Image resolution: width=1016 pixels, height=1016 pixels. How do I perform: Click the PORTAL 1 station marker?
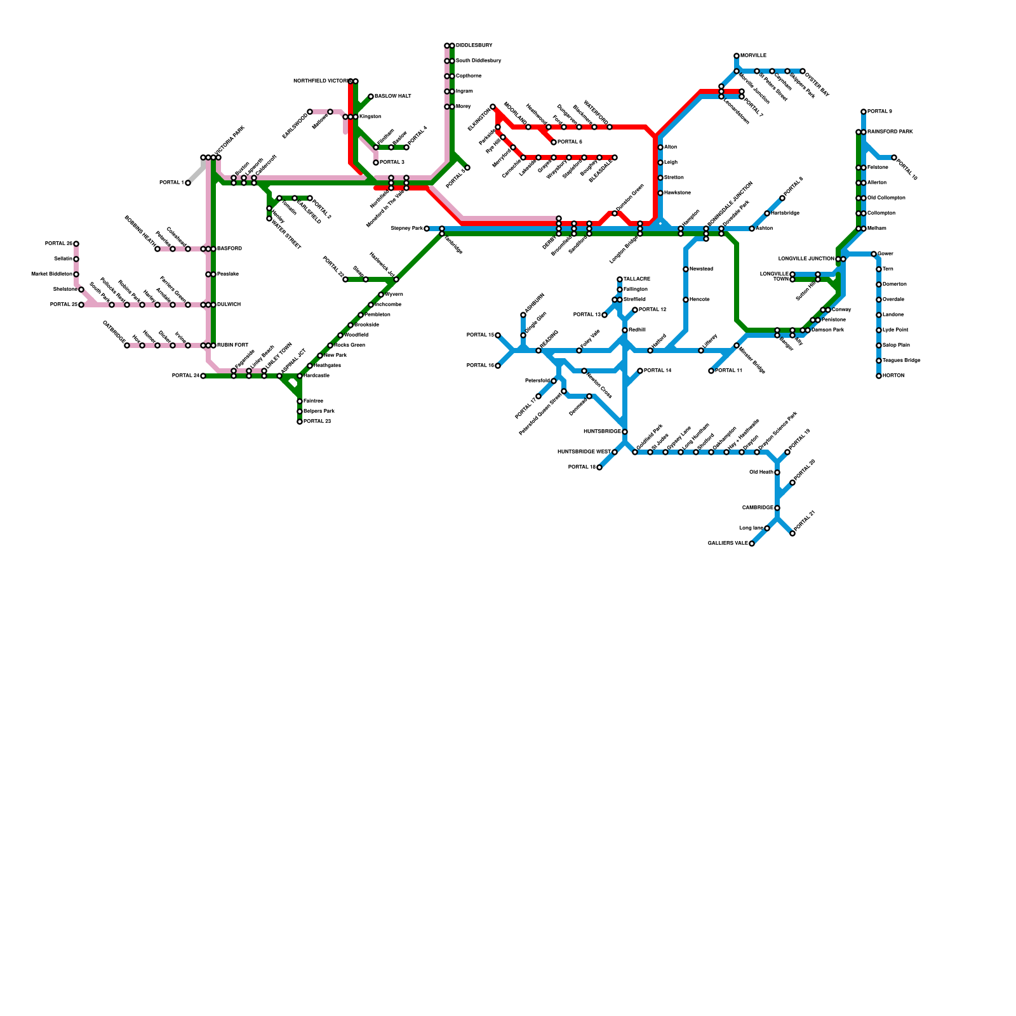(188, 183)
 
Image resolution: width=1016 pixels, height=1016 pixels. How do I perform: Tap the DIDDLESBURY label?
(474, 46)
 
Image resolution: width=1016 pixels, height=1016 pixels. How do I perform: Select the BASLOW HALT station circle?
(371, 97)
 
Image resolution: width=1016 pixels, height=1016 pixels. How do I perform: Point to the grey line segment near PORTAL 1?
(197, 173)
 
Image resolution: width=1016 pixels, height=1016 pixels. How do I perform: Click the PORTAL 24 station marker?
(203, 376)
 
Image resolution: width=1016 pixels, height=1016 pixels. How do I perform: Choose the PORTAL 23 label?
(317, 422)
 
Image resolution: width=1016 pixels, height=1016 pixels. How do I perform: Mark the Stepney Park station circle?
(427, 229)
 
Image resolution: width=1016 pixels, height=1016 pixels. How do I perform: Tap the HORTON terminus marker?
(879, 376)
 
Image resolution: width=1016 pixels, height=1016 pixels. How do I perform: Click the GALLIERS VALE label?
(728, 544)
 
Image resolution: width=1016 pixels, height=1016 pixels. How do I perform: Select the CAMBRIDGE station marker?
(777, 508)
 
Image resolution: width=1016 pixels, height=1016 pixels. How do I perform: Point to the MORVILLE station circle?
(737, 56)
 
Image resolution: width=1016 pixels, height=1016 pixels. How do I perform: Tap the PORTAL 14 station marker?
(640, 371)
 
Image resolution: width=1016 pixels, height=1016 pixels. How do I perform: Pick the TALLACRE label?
(637, 279)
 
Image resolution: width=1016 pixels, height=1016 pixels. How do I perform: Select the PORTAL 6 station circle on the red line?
(554, 142)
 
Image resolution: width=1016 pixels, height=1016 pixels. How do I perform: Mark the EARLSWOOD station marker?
(310, 112)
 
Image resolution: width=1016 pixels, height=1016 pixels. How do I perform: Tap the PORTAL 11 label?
(728, 371)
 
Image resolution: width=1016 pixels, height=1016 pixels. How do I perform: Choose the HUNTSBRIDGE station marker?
(625, 432)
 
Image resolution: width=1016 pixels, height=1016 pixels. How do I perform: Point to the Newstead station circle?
(686, 269)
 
